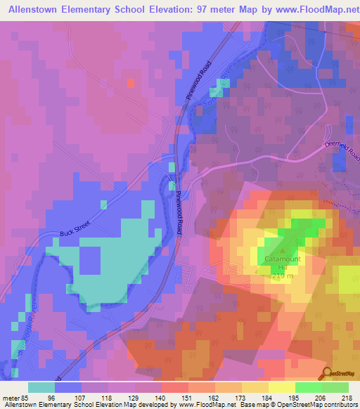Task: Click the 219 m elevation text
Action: coord(283,275)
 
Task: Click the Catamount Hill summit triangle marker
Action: coord(283,249)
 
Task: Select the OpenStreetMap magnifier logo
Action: coord(328,372)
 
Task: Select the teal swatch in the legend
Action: coord(41,387)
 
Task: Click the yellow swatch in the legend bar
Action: coord(281,387)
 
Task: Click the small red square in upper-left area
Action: coord(131,83)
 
